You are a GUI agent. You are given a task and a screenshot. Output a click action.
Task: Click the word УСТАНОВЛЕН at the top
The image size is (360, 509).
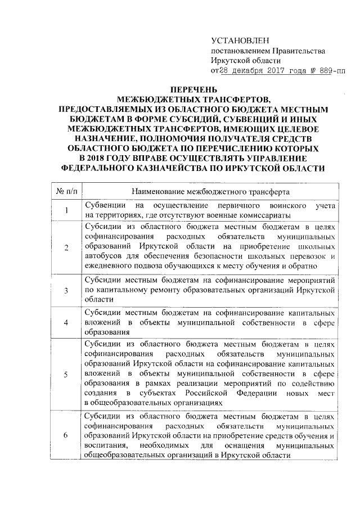240,41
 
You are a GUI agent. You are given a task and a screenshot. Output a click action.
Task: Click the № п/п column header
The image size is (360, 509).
67,191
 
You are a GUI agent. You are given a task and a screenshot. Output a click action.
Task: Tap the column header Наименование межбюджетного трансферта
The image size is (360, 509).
209,191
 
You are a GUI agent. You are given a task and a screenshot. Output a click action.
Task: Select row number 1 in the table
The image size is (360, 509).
67,211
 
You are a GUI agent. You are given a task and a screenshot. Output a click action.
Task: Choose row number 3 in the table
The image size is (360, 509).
67,290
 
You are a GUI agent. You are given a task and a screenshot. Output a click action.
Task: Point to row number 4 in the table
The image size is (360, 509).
67,323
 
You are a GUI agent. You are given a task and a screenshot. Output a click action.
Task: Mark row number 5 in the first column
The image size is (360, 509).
67,376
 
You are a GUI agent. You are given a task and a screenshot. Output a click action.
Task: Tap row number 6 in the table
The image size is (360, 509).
67,436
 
